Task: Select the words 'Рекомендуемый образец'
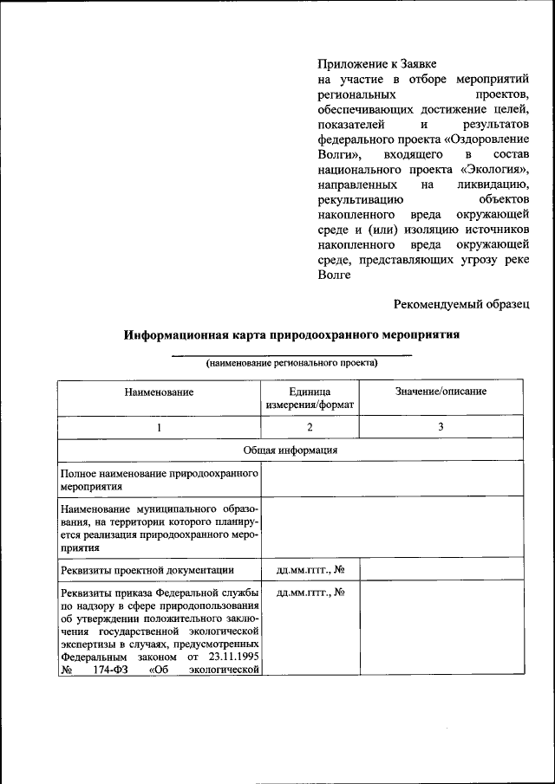point(460,303)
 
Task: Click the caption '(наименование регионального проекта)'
point(291,363)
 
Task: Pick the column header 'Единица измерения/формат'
point(310,398)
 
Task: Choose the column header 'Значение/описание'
point(441,392)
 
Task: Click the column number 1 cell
point(159,427)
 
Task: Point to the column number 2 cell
point(310,427)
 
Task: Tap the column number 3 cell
point(441,427)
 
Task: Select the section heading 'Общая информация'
point(291,450)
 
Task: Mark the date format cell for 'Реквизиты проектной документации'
point(310,569)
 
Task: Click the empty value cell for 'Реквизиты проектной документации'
point(441,569)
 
